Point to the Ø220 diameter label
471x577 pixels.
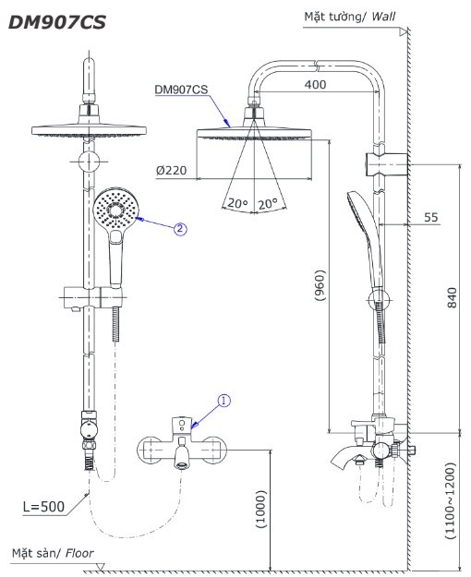(x=173, y=171)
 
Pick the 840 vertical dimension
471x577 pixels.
(x=452, y=297)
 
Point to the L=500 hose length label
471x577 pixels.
(x=44, y=506)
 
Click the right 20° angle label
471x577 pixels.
(x=269, y=203)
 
